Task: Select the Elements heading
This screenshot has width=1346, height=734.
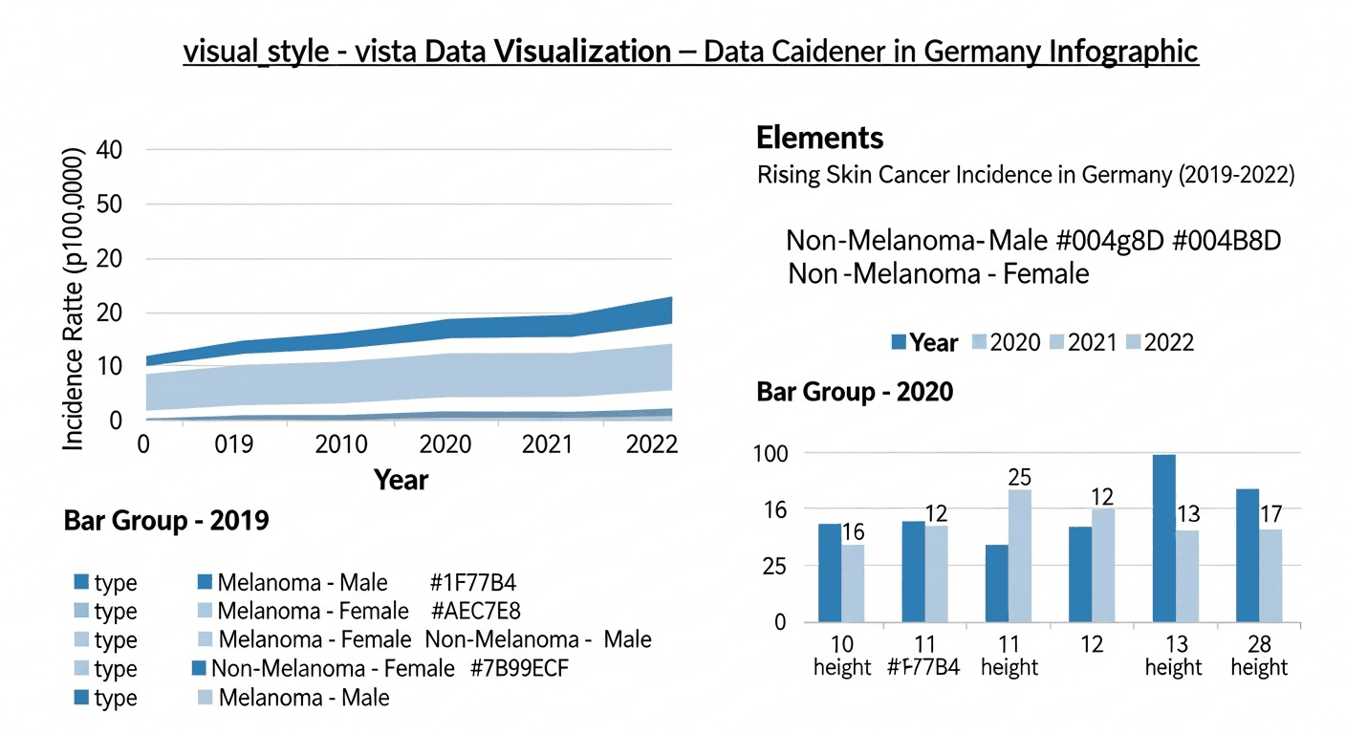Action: point(819,138)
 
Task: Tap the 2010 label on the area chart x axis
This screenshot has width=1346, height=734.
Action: point(341,445)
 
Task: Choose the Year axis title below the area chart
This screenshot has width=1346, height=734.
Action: point(401,479)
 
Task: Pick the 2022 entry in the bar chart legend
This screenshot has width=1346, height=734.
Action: point(1168,342)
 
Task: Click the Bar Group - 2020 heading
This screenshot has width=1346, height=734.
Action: point(854,393)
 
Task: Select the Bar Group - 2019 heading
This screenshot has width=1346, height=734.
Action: point(165,521)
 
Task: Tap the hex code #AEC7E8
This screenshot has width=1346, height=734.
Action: point(475,611)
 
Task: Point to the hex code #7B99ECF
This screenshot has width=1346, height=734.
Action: point(520,669)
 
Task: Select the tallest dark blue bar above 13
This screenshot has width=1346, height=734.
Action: point(1163,538)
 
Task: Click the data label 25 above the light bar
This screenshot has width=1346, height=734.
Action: point(1019,477)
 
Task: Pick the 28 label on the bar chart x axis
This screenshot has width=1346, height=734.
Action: point(1258,644)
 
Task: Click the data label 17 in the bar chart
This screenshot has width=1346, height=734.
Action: point(1270,514)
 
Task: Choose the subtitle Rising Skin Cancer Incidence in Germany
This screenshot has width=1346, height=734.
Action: point(1026,176)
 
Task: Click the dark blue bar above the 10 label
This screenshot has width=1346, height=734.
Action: point(830,572)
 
